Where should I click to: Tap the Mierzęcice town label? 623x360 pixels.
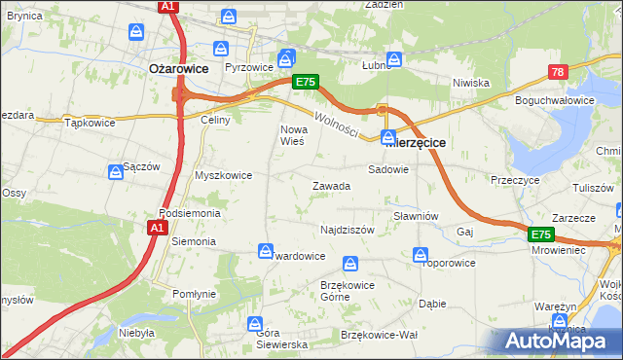point(416,142)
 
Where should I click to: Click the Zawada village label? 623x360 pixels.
point(331,186)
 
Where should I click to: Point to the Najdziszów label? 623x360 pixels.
point(348,230)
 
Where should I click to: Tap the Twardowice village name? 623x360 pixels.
point(298,256)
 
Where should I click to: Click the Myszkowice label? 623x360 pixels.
point(224,175)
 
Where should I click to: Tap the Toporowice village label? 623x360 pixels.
point(448,263)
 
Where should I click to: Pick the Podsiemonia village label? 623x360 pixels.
point(190,213)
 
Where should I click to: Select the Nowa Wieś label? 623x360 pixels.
point(293,135)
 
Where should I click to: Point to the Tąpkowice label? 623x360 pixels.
point(91,124)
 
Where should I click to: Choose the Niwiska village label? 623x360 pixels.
point(470,83)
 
